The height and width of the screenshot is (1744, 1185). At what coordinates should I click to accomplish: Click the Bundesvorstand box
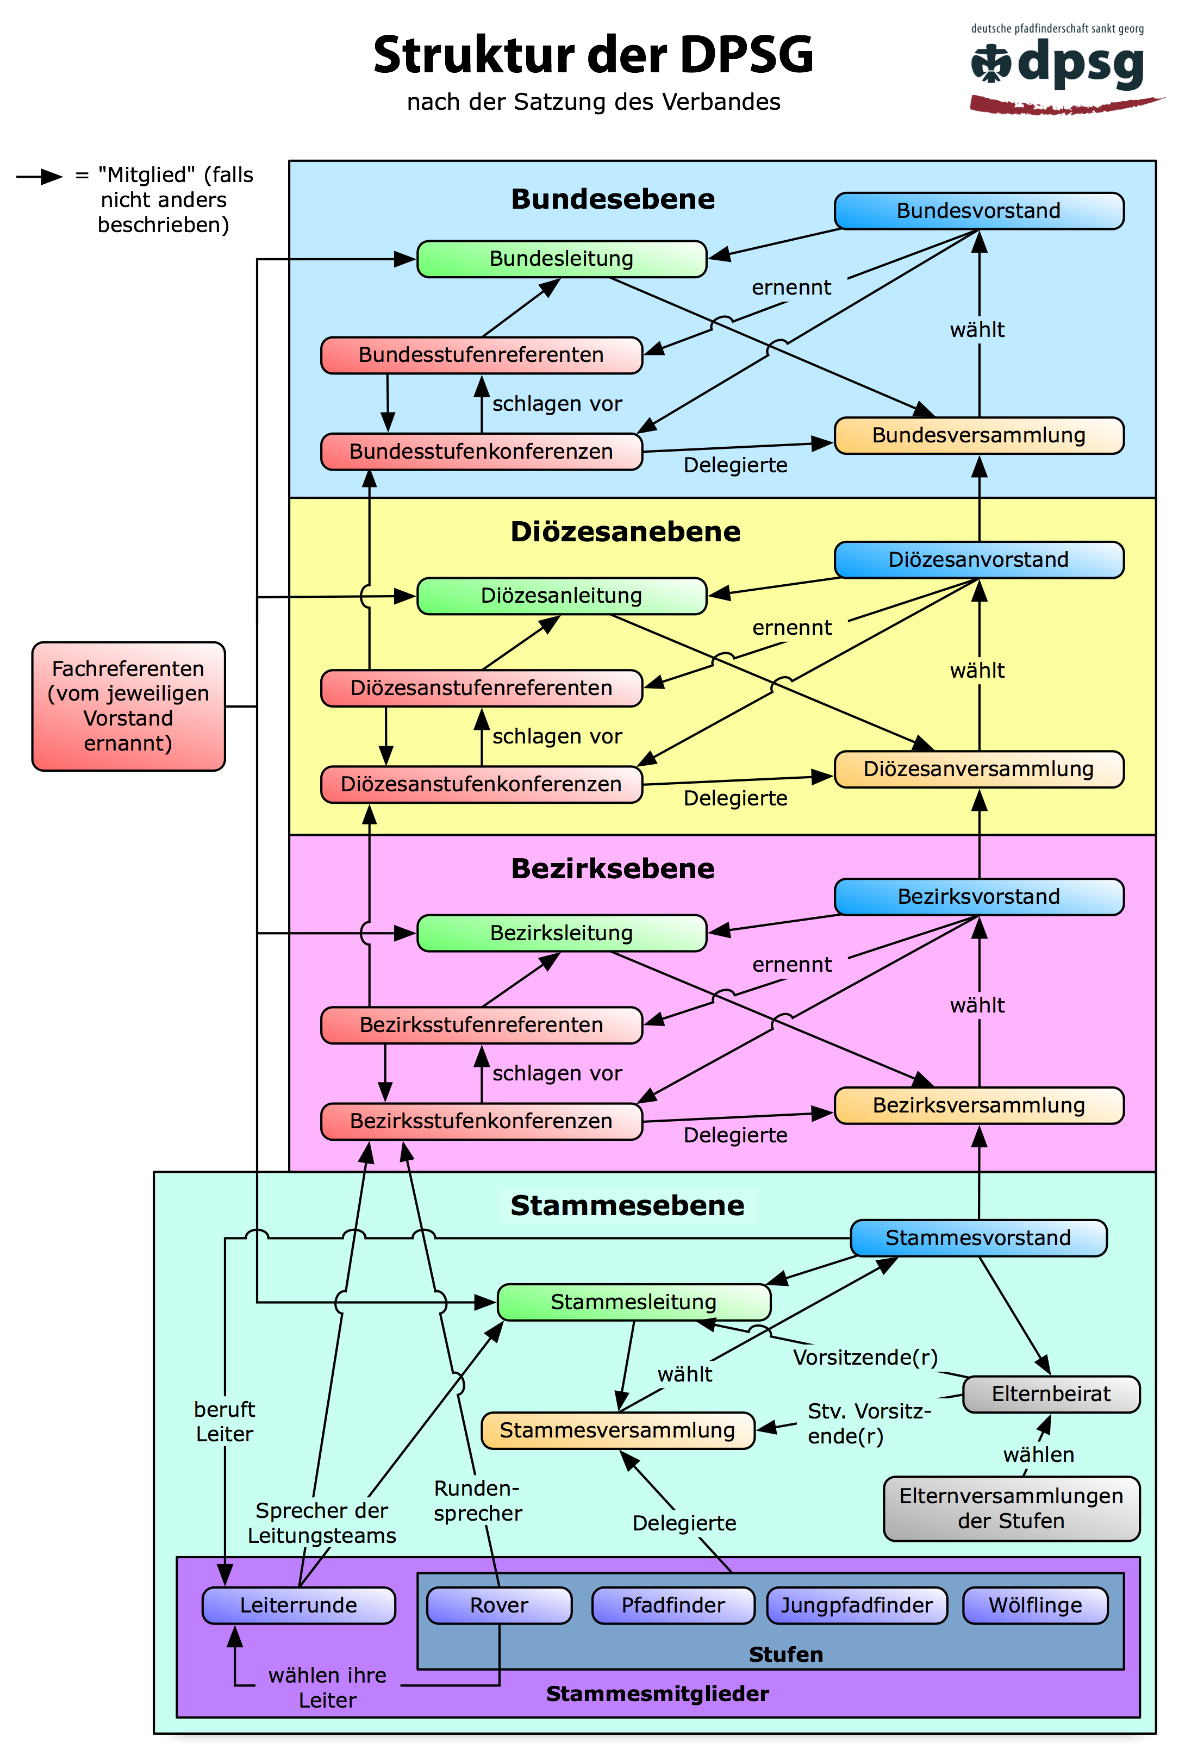(978, 211)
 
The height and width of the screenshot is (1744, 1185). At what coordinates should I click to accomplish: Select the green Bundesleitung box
(562, 259)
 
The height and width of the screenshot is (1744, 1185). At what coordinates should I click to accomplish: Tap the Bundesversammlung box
(978, 435)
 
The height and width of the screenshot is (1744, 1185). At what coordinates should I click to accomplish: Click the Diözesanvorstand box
(978, 560)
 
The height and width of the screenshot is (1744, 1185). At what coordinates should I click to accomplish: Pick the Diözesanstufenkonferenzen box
(481, 784)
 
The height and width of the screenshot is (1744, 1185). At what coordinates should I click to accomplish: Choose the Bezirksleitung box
(562, 933)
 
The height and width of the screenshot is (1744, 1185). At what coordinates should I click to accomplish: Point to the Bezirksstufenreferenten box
(481, 1025)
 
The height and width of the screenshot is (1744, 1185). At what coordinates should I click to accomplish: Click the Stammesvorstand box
(978, 1238)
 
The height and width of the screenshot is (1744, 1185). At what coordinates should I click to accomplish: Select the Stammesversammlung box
(617, 1430)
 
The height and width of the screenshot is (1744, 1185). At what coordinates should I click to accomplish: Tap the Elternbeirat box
(1051, 1395)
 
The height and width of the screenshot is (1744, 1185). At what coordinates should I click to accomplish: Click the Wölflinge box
(1035, 1605)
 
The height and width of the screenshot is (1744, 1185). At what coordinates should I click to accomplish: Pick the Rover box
(499, 1605)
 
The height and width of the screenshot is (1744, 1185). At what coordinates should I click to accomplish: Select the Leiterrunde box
(298, 1605)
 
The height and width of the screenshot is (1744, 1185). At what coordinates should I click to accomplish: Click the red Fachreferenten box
(128, 706)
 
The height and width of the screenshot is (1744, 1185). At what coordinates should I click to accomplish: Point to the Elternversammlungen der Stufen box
(1011, 1508)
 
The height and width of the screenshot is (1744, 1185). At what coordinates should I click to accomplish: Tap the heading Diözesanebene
(625, 532)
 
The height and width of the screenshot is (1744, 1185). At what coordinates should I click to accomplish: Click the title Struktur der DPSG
(593, 55)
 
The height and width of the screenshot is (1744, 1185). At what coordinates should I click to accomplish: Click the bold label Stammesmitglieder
(657, 1693)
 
